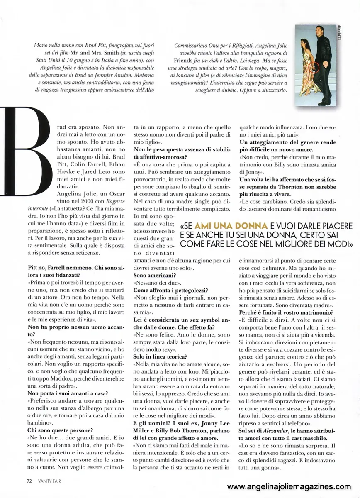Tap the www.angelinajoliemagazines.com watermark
292,486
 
